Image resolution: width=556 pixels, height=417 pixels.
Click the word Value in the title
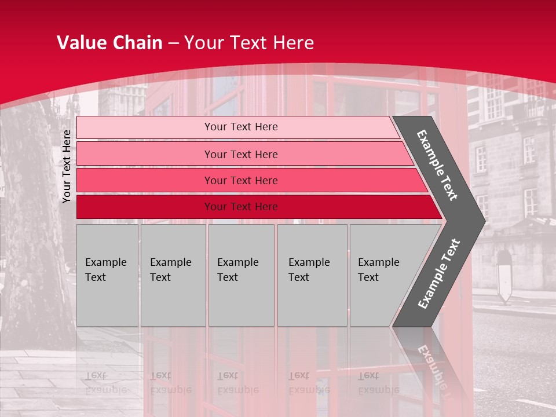(81, 43)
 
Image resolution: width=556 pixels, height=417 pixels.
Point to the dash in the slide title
(173, 43)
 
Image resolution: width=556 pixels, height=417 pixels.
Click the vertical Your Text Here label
(67, 166)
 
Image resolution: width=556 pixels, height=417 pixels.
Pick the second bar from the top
(241, 154)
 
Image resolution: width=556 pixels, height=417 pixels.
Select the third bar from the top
(241, 180)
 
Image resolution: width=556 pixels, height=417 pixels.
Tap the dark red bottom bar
(241, 207)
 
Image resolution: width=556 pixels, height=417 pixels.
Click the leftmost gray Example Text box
(107, 275)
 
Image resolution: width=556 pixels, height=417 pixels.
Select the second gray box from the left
(173, 275)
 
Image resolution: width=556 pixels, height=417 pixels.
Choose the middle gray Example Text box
(241, 275)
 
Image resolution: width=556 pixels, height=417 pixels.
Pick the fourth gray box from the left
(312, 275)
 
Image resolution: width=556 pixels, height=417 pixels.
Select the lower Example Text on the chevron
(438, 274)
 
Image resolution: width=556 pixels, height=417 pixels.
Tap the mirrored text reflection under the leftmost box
(105, 383)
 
